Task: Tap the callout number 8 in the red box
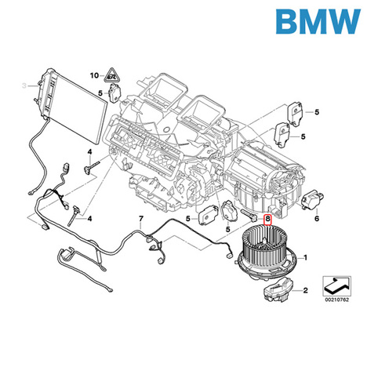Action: click(x=267, y=220)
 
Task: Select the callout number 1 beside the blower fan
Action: click(x=305, y=258)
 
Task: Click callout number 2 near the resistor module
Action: click(x=305, y=290)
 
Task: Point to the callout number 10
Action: click(x=94, y=75)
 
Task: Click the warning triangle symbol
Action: click(x=111, y=75)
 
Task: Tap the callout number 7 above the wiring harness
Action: click(x=141, y=219)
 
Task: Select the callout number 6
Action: click(x=317, y=218)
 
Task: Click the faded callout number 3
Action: click(x=24, y=85)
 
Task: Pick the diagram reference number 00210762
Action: click(x=336, y=300)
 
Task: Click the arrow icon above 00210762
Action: click(x=336, y=286)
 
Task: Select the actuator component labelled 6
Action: click(x=313, y=200)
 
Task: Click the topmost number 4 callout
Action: click(x=89, y=151)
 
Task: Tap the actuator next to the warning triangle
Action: click(x=114, y=93)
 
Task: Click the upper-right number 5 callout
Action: click(x=317, y=112)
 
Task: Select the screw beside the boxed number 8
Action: click(x=249, y=215)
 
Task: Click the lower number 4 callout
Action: click(x=89, y=219)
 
